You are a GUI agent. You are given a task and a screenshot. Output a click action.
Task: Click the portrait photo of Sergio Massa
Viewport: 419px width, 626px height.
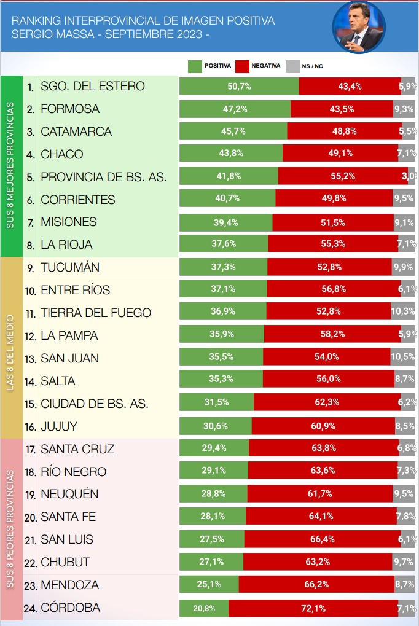click(359, 27)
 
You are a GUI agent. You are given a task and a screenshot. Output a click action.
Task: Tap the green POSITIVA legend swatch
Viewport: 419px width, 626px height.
click(195, 66)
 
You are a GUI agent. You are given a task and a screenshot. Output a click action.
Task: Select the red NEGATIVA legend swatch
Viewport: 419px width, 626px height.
click(242, 66)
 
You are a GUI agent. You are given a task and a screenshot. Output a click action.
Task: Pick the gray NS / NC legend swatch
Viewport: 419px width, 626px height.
click(292, 66)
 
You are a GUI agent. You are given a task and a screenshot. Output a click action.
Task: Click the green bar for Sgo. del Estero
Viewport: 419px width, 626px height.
click(239, 86)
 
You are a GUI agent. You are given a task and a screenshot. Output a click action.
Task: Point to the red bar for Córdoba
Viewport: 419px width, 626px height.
click(313, 608)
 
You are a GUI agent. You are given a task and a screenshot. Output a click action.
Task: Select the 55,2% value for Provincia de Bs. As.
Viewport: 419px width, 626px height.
click(343, 176)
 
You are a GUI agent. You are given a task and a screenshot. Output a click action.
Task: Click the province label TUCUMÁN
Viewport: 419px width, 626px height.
click(70, 267)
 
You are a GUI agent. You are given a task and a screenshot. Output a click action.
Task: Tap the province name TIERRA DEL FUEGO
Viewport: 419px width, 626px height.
click(96, 313)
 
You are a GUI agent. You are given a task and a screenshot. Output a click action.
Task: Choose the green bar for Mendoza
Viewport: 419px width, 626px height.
click(209, 584)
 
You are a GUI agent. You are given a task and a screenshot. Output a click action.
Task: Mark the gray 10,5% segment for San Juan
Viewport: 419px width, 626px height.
click(402, 356)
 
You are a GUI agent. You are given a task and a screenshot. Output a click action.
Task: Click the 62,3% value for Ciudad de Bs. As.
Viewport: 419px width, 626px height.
click(327, 402)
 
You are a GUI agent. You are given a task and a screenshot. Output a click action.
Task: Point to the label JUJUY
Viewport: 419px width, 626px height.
click(59, 426)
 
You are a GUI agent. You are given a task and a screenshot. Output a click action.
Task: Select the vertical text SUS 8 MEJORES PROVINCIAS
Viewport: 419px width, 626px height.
click(10, 165)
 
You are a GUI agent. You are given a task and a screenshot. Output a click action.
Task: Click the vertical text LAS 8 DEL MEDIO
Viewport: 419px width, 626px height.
click(10, 353)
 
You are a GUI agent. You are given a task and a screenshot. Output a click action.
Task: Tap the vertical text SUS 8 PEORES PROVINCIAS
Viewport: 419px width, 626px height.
click(10, 529)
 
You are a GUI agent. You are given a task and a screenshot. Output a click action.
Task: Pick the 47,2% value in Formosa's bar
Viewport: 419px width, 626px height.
click(235, 109)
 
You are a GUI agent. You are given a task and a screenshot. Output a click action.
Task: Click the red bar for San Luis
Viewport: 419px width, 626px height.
click(323, 539)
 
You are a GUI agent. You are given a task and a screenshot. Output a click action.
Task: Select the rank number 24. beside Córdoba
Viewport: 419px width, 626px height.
click(31, 609)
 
